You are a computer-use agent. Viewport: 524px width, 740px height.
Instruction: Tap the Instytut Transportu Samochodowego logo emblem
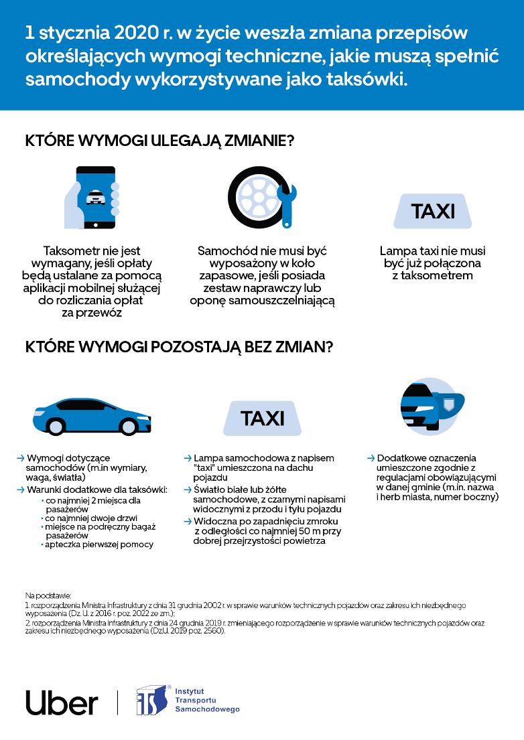coord(151,700)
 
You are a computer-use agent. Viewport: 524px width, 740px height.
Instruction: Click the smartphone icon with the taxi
coord(93,198)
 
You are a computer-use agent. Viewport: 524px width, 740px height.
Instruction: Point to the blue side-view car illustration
coord(82,417)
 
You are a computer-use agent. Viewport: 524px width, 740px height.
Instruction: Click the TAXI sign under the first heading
coord(433,212)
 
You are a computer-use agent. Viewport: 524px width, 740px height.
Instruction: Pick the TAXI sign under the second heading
coord(262,419)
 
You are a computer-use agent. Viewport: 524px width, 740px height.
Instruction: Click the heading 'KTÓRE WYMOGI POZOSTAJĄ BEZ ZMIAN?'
coord(179,348)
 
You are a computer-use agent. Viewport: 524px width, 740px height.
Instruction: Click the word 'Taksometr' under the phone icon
coord(72,251)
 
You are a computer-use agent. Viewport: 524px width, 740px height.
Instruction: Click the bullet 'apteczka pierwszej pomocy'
coord(100,544)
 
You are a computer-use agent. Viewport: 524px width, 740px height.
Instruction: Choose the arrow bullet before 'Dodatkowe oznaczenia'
coord(370,458)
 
